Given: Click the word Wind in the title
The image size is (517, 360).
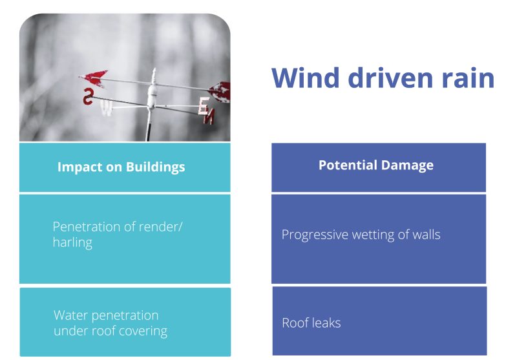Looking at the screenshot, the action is [305, 78].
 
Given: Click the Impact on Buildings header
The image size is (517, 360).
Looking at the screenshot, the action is [121, 167].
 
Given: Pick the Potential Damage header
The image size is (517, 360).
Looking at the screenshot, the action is [376, 165].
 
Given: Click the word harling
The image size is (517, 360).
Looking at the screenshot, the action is [72, 242].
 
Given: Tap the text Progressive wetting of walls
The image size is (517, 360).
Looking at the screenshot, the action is [361, 235].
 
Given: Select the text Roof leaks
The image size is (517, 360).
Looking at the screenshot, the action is [311, 323].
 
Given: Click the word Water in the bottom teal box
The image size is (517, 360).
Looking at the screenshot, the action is [71, 315].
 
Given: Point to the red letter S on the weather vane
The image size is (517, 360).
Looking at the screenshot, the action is [88, 96].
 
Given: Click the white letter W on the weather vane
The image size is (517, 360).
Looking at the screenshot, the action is [107, 108].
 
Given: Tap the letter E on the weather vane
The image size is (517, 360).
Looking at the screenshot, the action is [204, 105].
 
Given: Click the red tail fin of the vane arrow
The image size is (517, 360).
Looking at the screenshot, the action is [220, 92].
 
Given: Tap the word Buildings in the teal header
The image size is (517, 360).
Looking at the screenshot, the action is [155, 167].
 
